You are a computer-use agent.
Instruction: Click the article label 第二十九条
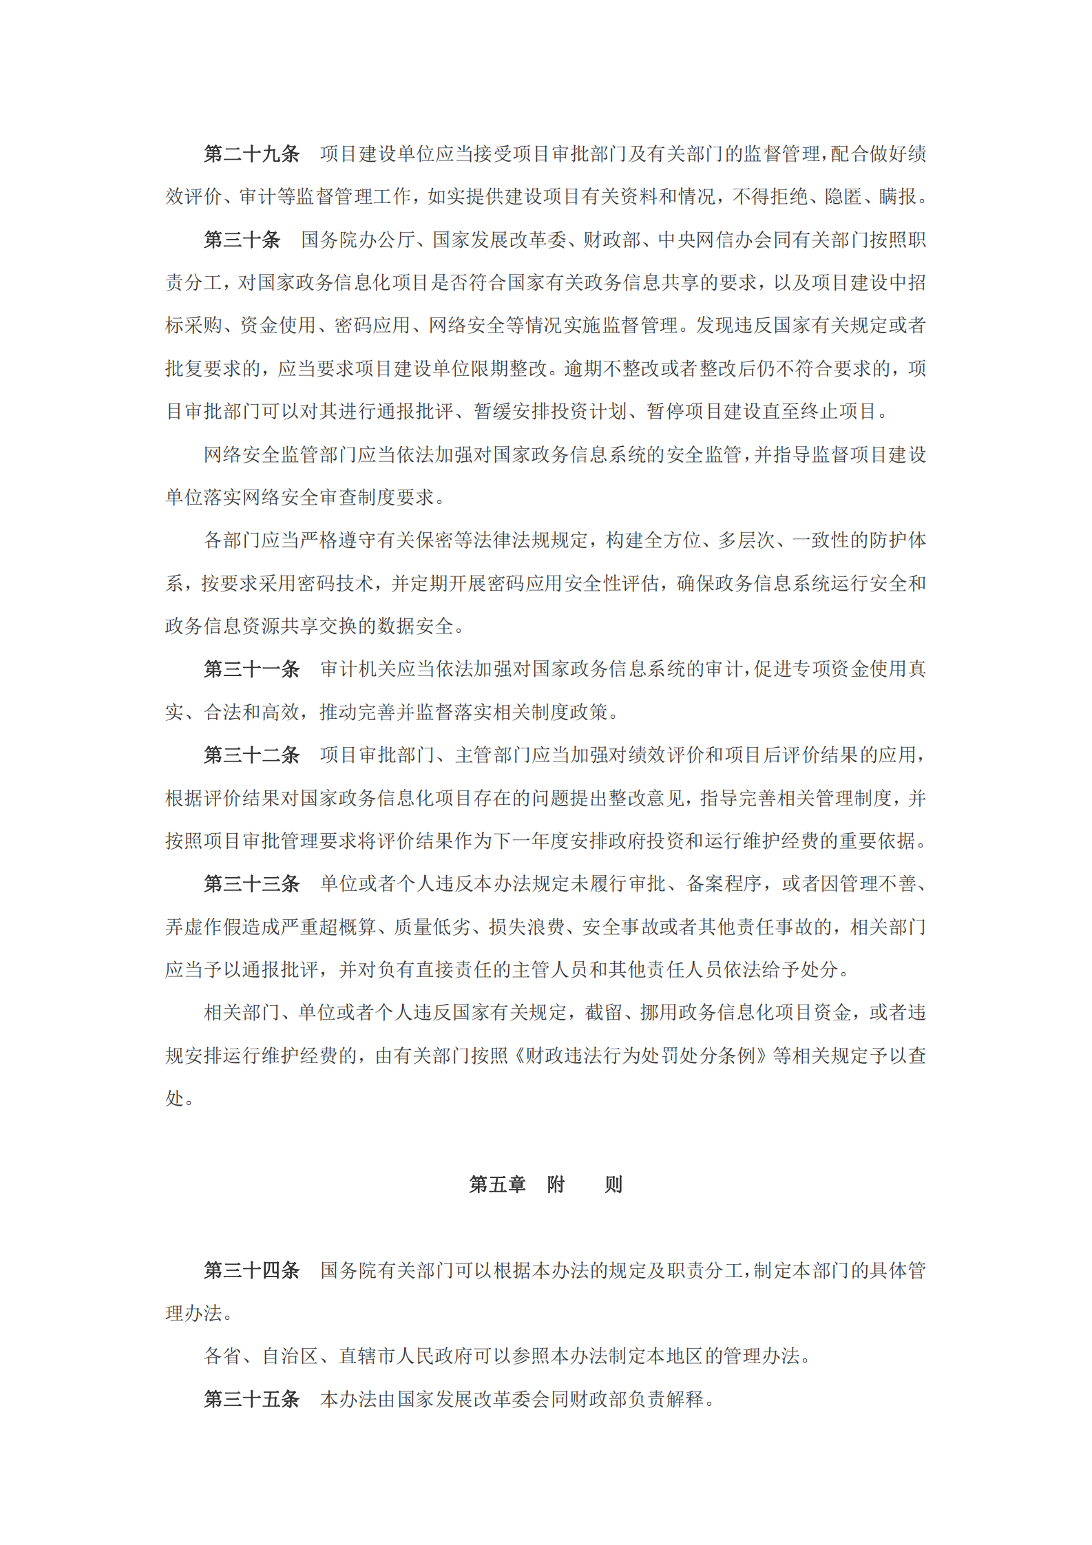point(251,154)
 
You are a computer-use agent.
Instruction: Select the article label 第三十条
point(242,240)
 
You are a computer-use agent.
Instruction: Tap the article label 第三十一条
point(251,669)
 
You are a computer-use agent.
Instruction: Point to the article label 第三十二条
point(251,755)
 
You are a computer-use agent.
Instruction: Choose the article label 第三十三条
point(251,884)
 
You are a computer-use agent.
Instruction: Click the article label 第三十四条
point(251,1270)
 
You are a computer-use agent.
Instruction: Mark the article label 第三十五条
point(251,1399)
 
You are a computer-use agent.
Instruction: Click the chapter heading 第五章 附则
point(545,1184)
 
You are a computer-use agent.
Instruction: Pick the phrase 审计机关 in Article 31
point(358,669)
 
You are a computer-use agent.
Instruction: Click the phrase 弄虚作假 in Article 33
point(204,927)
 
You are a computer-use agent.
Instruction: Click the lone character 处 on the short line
point(174,1098)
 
